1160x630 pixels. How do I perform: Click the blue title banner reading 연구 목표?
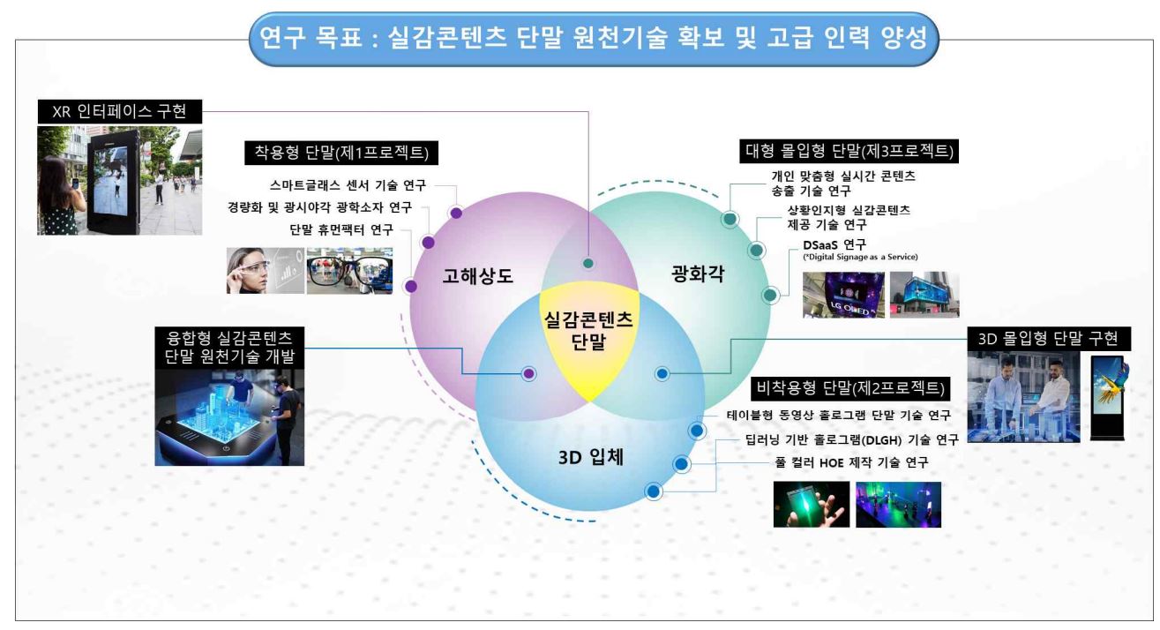pyautogui.click(x=594, y=39)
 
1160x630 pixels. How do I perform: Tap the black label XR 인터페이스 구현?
pyautogui.click(x=120, y=111)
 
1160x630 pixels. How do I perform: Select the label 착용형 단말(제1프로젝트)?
pyautogui.click(x=341, y=153)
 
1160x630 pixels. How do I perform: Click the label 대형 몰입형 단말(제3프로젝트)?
pyautogui.click(x=849, y=151)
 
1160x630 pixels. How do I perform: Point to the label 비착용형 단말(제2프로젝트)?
pyautogui.click(x=850, y=388)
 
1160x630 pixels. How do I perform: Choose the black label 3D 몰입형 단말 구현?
pyautogui.click(x=1049, y=339)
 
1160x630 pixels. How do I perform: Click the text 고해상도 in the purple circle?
pyautogui.click(x=477, y=275)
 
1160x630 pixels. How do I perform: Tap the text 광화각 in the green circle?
pyautogui.click(x=698, y=274)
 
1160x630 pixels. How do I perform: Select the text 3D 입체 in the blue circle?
pyautogui.click(x=591, y=457)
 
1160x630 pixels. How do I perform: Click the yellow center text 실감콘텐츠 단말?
pyautogui.click(x=588, y=331)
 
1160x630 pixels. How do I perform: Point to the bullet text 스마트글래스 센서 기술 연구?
pyautogui.click(x=348, y=185)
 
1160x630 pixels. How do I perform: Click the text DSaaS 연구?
pyautogui.click(x=834, y=244)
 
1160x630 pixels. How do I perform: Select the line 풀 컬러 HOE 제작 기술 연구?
pyautogui.click(x=851, y=462)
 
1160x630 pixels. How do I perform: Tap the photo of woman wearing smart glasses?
pyautogui.click(x=266, y=271)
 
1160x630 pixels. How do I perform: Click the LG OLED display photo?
pyautogui.click(x=843, y=295)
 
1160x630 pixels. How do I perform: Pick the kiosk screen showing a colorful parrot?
pyautogui.click(x=1109, y=398)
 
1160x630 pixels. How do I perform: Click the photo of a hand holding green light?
pyautogui.click(x=812, y=505)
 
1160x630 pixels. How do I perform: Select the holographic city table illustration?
pyautogui.click(x=229, y=417)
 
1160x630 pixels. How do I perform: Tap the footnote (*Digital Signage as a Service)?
pyautogui.click(x=860, y=257)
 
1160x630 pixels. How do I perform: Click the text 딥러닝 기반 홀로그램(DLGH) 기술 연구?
pyautogui.click(x=852, y=440)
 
